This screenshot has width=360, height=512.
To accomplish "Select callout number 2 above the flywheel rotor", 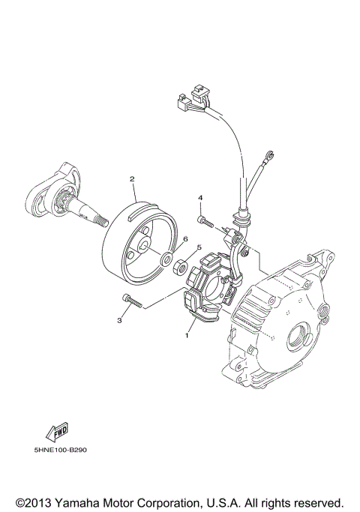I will [x=131, y=179].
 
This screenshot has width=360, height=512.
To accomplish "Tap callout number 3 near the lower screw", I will [x=119, y=321].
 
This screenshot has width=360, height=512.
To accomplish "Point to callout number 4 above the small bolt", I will [x=200, y=198].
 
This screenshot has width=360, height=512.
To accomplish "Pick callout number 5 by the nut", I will [x=199, y=247].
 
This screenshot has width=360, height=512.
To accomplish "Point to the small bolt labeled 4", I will [x=205, y=220].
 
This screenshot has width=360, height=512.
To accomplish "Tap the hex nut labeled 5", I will [x=181, y=266].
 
